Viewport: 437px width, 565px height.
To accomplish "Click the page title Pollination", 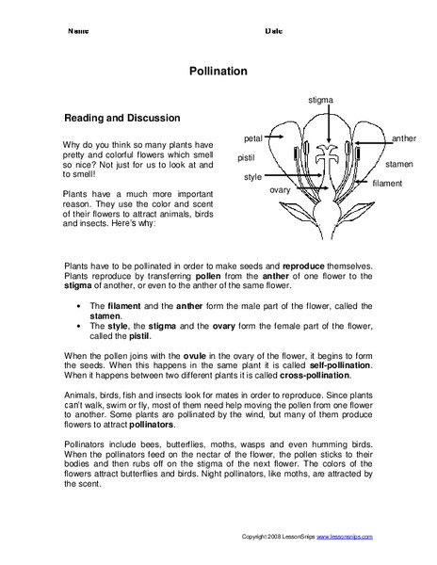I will [x=218, y=70].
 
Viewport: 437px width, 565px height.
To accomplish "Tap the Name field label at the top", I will [x=78, y=31].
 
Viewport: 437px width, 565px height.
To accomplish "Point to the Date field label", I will [x=273, y=31].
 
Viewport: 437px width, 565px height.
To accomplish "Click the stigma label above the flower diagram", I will [x=319, y=99].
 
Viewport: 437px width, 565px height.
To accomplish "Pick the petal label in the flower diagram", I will [x=252, y=137].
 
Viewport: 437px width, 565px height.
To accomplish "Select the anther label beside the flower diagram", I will [x=403, y=137].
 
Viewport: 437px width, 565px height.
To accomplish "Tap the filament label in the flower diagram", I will [x=387, y=182].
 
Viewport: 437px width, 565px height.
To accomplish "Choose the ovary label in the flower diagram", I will [x=280, y=189].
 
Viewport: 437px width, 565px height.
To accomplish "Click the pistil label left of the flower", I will [x=247, y=157].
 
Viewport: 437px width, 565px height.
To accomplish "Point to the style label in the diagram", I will [x=252, y=176].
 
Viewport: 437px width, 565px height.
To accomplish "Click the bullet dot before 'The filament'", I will [x=77, y=306].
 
